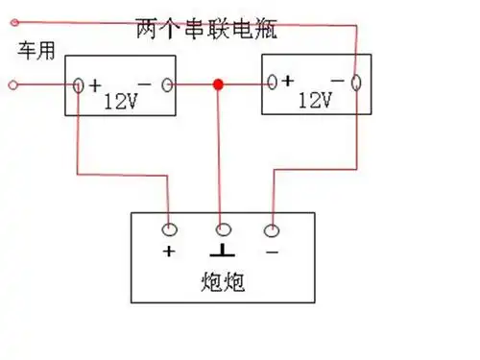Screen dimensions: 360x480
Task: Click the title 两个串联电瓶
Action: [207, 30]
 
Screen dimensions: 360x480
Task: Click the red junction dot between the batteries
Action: [219, 85]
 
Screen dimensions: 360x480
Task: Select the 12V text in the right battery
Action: [316, 100]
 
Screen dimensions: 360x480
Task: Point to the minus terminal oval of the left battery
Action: [168, 85]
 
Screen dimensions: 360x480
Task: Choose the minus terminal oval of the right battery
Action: [355, 84]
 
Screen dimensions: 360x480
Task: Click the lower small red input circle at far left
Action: [12, 85]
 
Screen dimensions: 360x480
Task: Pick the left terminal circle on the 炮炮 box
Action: [170, 230]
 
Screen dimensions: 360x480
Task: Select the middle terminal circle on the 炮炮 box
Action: [224, 230]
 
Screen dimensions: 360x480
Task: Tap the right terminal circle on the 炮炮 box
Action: [272, 230]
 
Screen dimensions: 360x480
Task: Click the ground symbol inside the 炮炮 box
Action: [222, 252]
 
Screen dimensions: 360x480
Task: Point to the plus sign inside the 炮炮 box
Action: [170, 252]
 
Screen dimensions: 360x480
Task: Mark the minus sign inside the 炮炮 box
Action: [272, 252]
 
